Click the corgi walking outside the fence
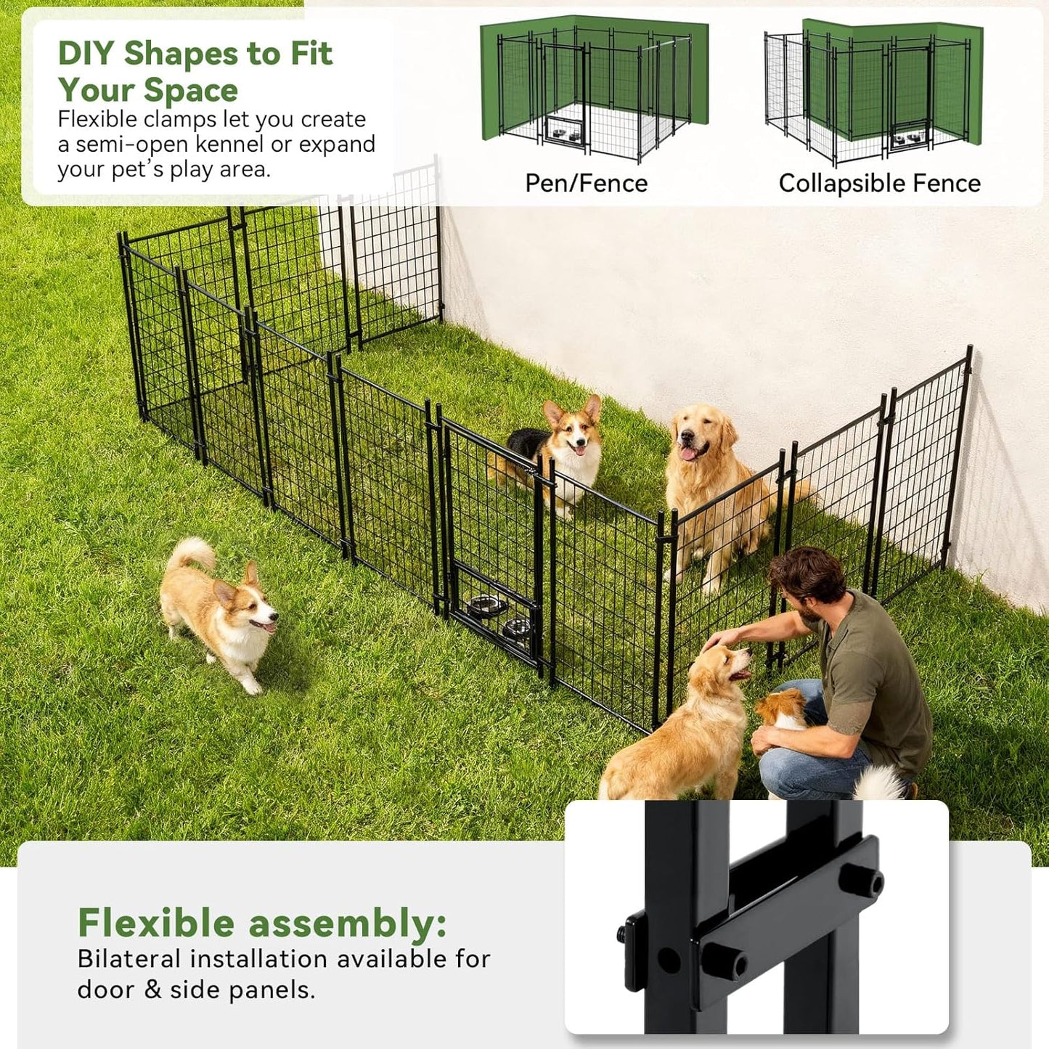pyautogui.click(x=218, y=613)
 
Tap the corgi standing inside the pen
pyautogui.click(x=563, y=450)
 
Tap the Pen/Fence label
pyautogui.click(x=586, y=183)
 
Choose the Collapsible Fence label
pyautogui.click(x=879, y=183)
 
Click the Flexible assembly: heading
pyautogui.click(x=262, y=923)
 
